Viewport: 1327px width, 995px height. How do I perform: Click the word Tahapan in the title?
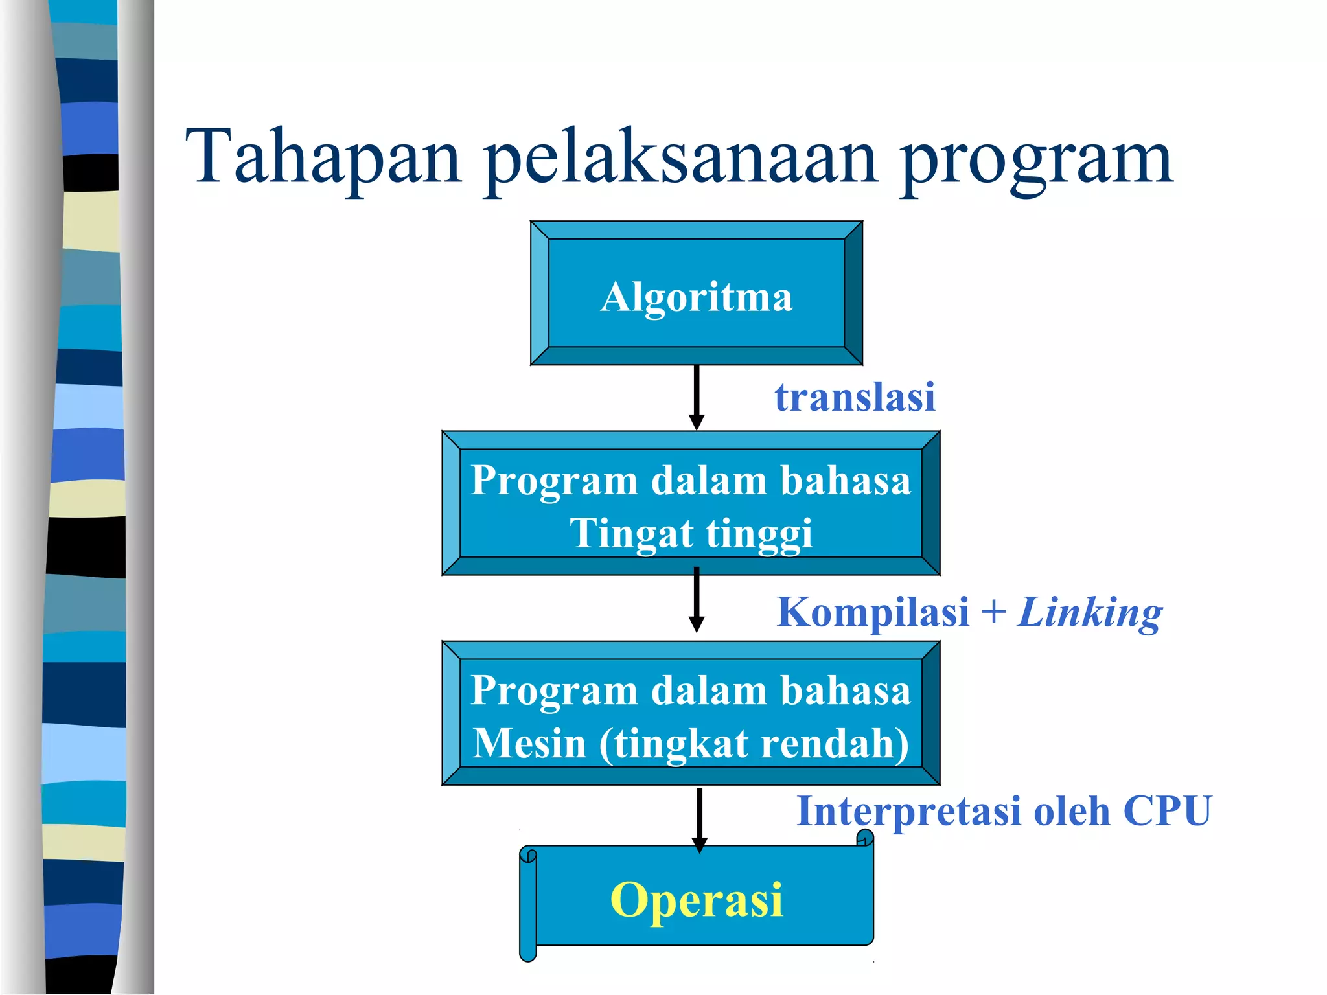click(323, 156)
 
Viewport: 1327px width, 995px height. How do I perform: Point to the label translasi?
click(855, 396)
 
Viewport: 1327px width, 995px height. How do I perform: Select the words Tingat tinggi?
click(691, 534)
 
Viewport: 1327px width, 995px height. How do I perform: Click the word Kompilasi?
click(873, 612)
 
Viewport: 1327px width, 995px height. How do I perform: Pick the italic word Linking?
click(1090, 613)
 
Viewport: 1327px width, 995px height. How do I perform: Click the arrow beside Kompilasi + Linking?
click(697, 599)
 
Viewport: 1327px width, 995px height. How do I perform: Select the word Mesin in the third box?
click(529, 743)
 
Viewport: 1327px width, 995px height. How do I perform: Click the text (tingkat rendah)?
click(754, 744)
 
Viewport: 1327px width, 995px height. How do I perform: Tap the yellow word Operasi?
click(697, 899)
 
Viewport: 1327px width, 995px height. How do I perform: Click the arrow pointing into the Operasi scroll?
click(699, 819)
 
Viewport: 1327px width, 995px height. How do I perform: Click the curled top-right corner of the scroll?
click(865, 840)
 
